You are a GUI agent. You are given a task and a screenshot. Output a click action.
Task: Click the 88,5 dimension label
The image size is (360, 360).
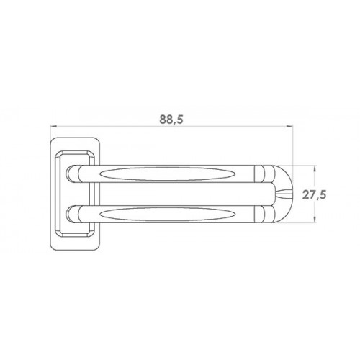click(171, 120)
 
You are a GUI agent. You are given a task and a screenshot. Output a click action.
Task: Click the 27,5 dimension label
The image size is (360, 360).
click(314, 194)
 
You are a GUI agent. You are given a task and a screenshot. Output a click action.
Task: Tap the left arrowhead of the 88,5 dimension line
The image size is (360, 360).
click(53, 126)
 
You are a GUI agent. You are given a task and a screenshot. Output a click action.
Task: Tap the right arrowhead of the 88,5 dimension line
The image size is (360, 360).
click(290, 126)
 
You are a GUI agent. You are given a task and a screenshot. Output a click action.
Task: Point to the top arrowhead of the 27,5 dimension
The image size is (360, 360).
click(315, 168)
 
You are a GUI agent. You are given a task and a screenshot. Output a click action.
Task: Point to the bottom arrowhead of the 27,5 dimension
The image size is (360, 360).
click(315, 220)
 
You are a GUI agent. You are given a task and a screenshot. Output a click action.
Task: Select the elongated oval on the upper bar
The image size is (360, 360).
click(168, 174)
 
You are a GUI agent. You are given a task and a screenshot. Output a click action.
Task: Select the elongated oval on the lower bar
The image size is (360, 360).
click(168, 214)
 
